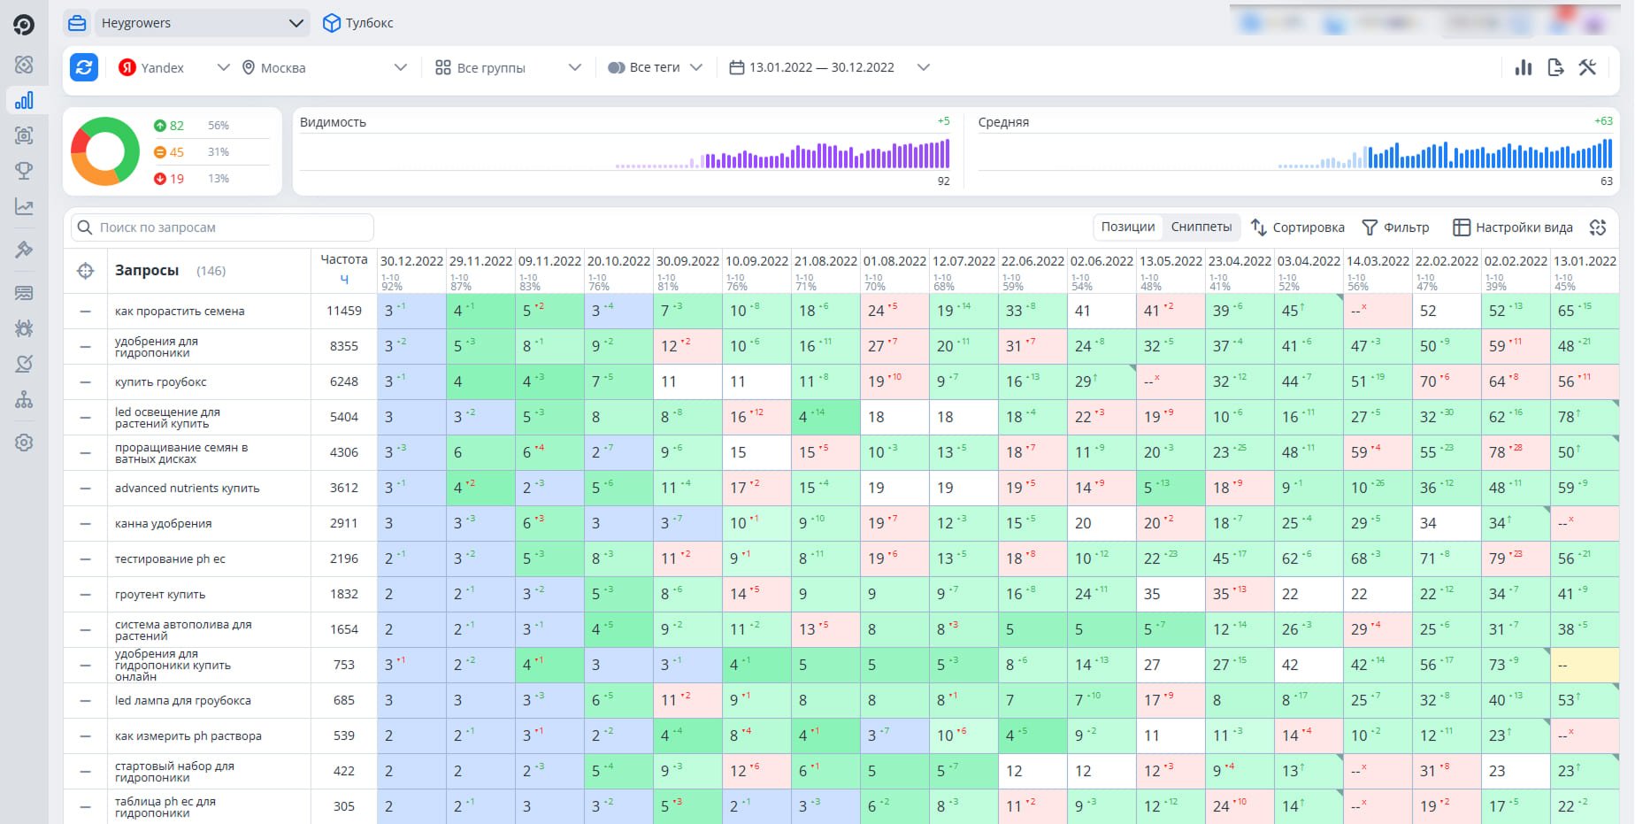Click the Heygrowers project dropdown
187,23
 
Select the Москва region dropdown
324,67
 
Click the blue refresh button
84,67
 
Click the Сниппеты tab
1201,227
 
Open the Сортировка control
1298,227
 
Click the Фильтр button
1395,227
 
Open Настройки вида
1513,227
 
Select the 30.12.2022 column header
411,261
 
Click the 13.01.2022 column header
1585,261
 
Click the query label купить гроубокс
161,381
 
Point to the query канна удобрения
164,523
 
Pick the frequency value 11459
344,311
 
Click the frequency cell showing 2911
344,523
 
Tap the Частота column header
343,259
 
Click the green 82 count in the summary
176,126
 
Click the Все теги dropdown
655,67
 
